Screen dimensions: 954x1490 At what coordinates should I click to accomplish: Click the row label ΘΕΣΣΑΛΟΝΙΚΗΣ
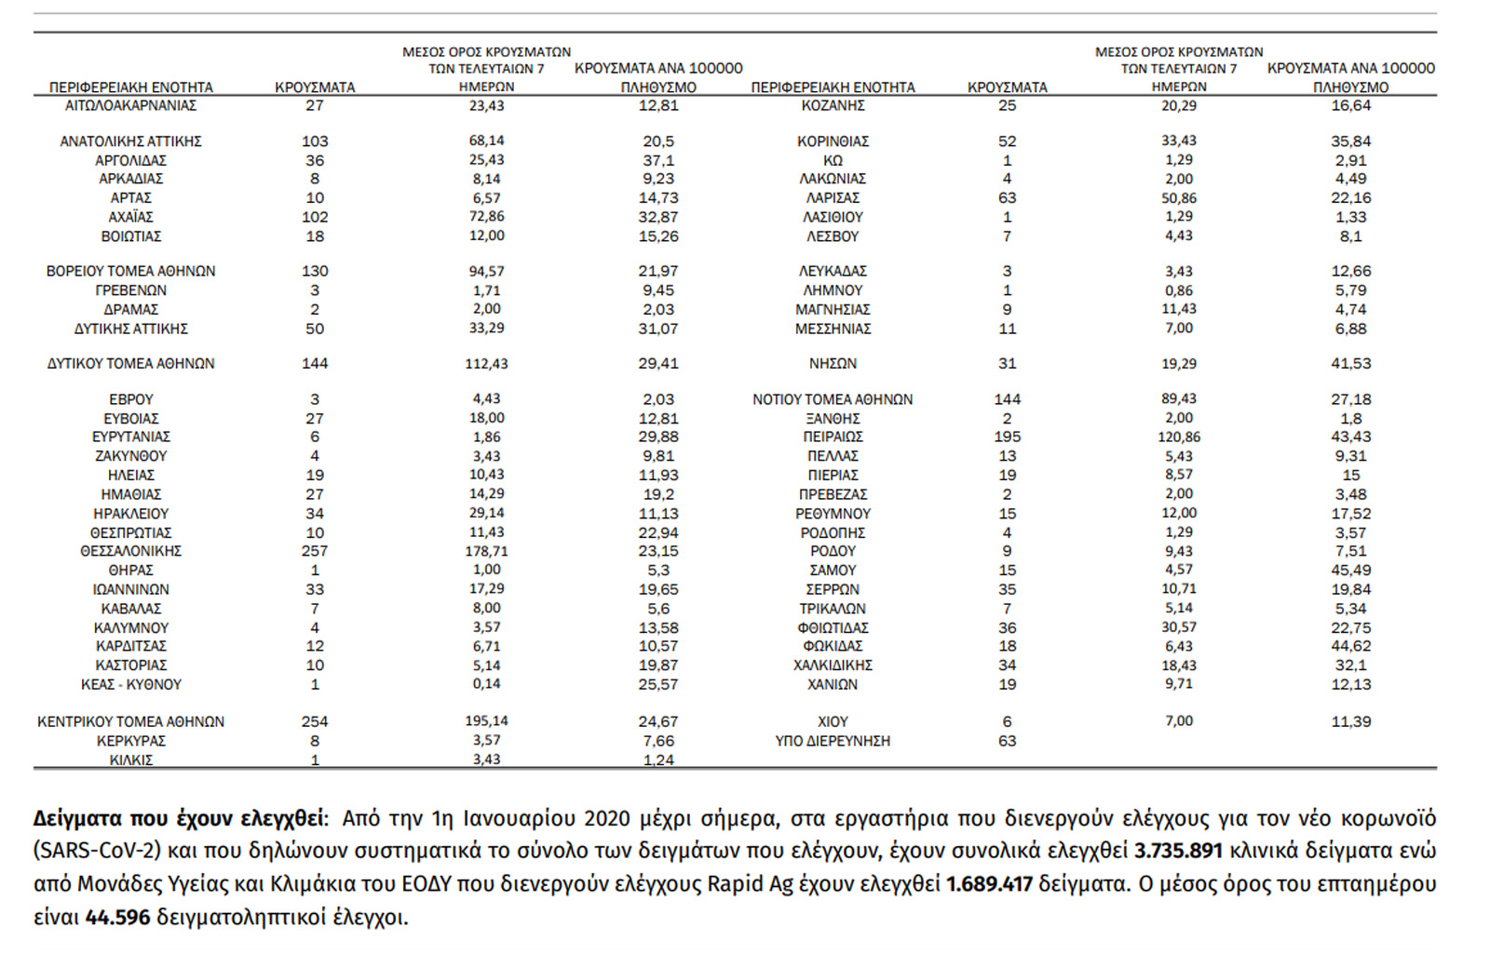click(x=130, y=551)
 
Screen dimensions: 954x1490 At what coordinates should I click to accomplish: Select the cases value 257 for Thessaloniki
click(x=315, y=551)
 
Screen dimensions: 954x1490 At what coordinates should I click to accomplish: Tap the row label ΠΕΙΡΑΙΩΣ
click(x=833, y=437)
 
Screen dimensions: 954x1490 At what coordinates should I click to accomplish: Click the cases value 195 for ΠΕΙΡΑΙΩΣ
click(x=1007, y=437)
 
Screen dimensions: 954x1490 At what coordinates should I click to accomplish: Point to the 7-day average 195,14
click(x=486, y=721)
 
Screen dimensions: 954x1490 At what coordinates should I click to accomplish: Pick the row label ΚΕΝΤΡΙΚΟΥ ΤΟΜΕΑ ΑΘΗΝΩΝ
click(x=130, y=721)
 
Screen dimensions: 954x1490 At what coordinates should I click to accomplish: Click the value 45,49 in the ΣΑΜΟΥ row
click(x=1350, y=570)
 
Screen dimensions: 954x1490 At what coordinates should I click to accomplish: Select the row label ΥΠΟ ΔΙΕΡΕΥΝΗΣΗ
click(x=833, y=741)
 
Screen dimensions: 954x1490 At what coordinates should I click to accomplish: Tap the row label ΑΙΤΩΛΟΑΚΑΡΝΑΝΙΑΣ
click(x=130, y=105)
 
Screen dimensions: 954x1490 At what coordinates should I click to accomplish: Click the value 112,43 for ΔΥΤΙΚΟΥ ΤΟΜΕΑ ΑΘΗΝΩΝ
click(x=486, y=364)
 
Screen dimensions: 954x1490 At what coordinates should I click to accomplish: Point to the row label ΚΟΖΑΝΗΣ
click(x=833, y=105)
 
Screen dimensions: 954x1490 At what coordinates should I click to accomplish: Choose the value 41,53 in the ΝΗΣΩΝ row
click(x=1350, y=364)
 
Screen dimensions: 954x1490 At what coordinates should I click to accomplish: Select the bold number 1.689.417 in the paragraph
click(x=989, y=884)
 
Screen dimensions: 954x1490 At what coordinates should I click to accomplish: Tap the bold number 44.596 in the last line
click(x=117, y=918)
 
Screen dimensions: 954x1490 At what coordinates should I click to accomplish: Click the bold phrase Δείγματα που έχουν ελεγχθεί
click(x=179, y=819)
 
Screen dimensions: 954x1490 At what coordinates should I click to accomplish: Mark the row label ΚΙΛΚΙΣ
click(x=130, y=759)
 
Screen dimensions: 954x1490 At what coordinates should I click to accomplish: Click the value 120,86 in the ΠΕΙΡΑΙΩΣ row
click(x=1179, y=437)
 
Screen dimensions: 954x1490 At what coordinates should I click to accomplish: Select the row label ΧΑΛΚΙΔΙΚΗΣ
click(x=833, y=665)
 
